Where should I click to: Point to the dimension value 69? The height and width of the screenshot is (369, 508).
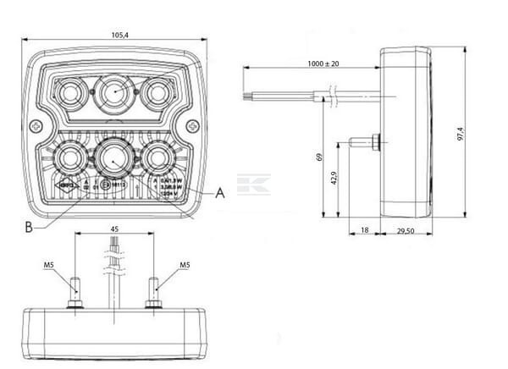pyautogui.click(x=318, y=156)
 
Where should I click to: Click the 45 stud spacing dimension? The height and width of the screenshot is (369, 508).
pyautogui.click(x=115, y=228)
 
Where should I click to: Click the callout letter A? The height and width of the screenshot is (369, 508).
pyautogui.click(x=221, y=193)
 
